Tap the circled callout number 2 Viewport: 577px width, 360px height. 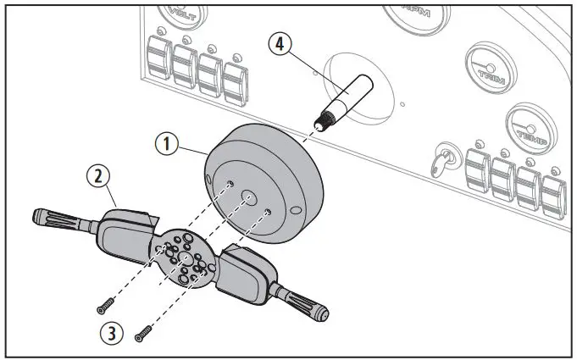point(99,176)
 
